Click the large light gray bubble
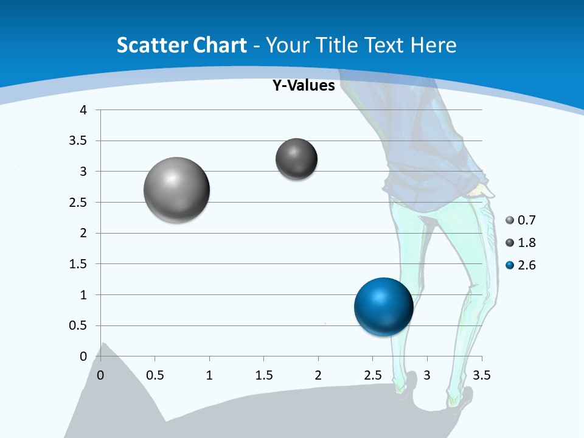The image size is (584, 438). [x=177, y=190]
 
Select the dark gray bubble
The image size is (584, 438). [x=296, y=159]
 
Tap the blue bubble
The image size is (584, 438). [x=383, y=307]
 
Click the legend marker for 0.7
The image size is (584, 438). [x=510, y=220]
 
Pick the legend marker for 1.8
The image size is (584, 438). [x=510, y=243]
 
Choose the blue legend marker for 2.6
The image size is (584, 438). [x=510, y=265]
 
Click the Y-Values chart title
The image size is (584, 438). [x=303, y=86]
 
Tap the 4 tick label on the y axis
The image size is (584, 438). [x=84, y=110]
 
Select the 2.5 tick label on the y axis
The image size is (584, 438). [x=78, y=203]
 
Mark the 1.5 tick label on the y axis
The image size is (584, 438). [x=78, y=264]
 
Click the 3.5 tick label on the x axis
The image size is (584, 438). [x=481, y=375]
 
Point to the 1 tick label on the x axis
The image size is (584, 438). [x=209, y=375]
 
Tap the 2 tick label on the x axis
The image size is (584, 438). [x=318, y=375]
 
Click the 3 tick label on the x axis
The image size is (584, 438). [x=427, y=375]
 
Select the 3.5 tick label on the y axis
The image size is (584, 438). [x=78, y=141]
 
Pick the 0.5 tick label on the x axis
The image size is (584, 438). [x=155, y=375]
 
